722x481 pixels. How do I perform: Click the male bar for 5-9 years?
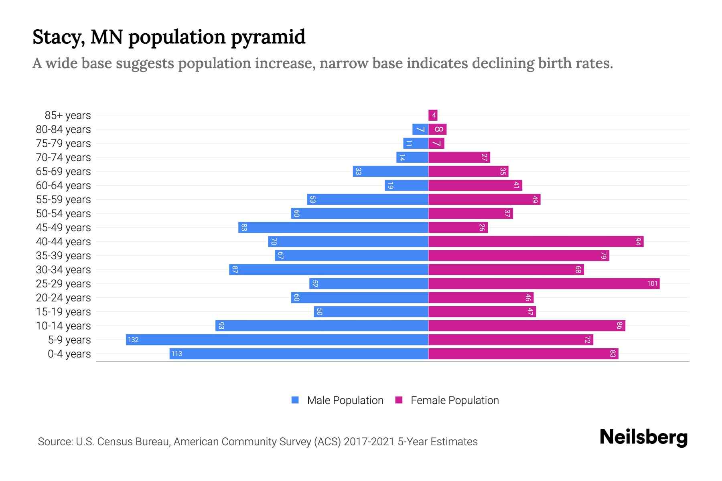[x=277, y=340]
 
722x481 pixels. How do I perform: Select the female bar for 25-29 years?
[x=544, y=283]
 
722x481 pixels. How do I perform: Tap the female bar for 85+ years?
[x=433, y=115]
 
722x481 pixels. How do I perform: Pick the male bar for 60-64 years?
[x=407, y=185]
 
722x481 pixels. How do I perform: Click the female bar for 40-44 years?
[x=535, y=241]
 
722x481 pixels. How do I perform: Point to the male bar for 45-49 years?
[x=333, y=227]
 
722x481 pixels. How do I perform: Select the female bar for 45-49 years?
[x=458, y=227]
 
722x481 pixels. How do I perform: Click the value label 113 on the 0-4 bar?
[x=176, y=354]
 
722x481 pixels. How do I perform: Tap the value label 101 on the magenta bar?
[x=652, y=283]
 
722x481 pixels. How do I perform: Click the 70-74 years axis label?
[x=63, y=157]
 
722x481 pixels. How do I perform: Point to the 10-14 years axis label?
[x=63, y=325]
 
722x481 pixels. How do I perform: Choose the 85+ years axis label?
[x=68, y=115]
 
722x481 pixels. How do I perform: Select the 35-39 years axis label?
[x=63, y=255]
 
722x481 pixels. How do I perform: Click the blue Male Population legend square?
[x=295, y=400]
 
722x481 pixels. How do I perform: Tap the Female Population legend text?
[x=454, y=400]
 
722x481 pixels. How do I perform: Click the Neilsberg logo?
[x=643, y=437]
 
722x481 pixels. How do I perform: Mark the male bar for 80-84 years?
[x=420, y=129]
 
